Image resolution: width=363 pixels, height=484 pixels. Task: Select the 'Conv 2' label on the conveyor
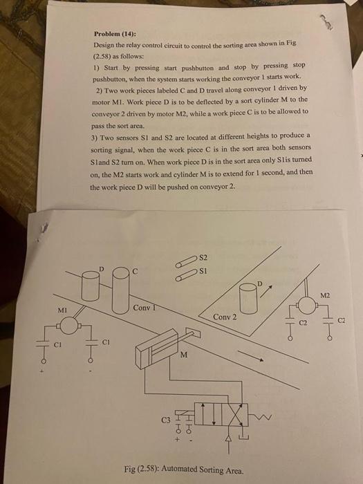pyautogui.click(x=225, y=317)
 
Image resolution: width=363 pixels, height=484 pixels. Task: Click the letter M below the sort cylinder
pyautogui.click(x=183, y=356)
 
